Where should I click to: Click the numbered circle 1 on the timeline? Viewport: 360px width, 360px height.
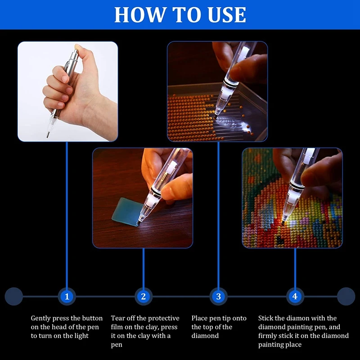pyautogui.click(x=67, y=297)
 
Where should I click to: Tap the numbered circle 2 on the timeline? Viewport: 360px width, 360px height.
pyautogui.click(x=144, y=297)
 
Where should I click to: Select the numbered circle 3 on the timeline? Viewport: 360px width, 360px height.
pyautogui.click(x=218, y=297)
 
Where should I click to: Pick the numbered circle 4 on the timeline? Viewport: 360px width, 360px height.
pyautogui.click(x=295, y=297)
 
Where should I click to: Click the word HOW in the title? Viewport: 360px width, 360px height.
pyautogui.click(x=141, y=15)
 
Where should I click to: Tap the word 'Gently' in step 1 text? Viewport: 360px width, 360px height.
pyautogui.click(x=40, y=319)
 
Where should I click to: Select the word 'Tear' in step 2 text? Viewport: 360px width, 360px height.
pyautogui.click(x=117, y=318)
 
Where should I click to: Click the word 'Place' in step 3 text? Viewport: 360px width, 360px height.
pyautogui.click(x=199, y=318)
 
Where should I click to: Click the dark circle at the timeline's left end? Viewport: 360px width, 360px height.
pyautogui.click(x=14, y=297)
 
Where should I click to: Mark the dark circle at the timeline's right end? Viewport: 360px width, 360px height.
pyautogui.click(x=346, y=297)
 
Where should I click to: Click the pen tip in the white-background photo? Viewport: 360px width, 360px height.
pyautogui.click(x=48, y=136)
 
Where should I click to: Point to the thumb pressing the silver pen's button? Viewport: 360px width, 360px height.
pyautogui.click(x=78, y=49)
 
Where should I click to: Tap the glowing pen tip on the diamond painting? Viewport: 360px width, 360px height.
pyautogui.click(x=283, y=222)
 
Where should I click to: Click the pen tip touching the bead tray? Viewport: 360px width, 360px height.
pyautogui.click(x=216, y=117)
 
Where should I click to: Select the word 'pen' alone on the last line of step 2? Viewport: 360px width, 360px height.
pyautogui.click(x=117, y=345)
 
